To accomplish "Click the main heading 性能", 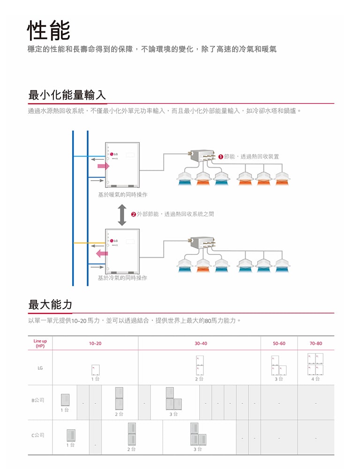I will [x=49, y=30].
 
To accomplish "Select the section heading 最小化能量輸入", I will [x=67, y=95].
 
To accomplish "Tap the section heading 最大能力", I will [x=50, y=305].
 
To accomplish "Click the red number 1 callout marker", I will [x=221, y=156].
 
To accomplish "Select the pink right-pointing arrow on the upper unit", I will [x=103, y=166].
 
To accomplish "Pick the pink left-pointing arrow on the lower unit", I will [x=101, y=253].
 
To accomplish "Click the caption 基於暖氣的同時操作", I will [x=122, y=194].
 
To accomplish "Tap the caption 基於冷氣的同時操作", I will [x=122, y=278].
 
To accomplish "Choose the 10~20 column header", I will [x=95, y=343].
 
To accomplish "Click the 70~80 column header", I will [x=316, y=343].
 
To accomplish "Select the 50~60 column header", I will [x=279, y=343].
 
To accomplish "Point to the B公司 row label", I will [x=38, y=400].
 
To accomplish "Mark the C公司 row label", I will [x=38, y=435].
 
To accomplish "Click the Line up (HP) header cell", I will [x=40, y=343].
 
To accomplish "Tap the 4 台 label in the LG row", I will [x=316, y=379].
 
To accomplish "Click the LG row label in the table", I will [x=40, y=368].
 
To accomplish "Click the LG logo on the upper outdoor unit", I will [x=115, y=154].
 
